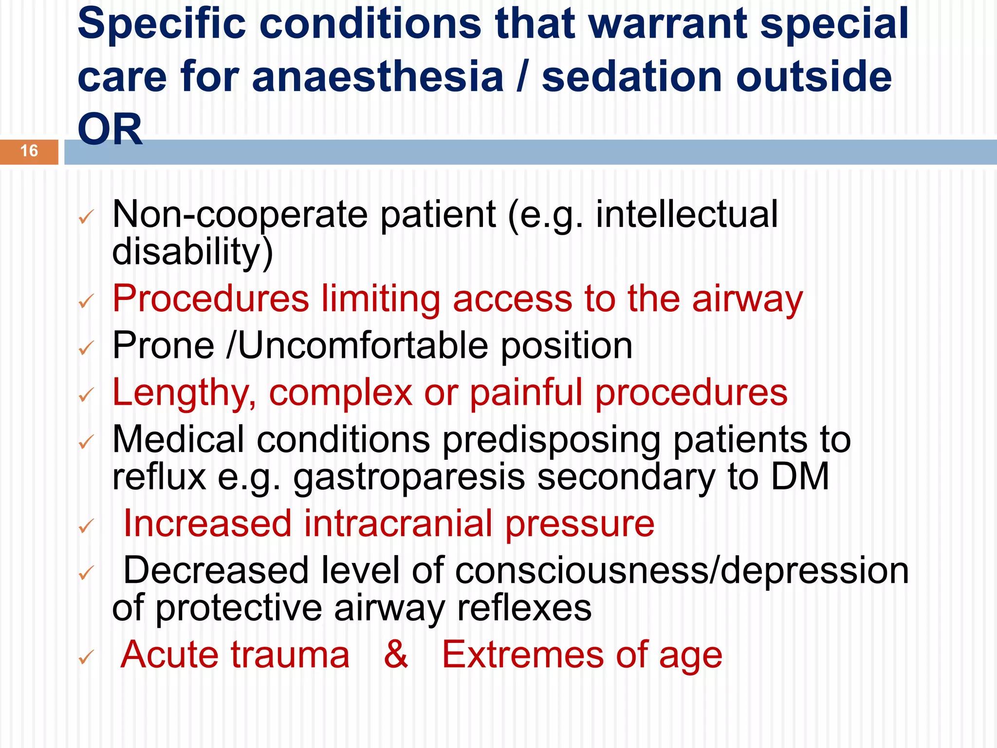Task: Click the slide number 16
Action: coord(29,151)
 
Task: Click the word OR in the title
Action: coord(110,130)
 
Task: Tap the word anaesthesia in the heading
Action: coord(378,76)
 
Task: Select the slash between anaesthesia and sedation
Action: coord(522,76)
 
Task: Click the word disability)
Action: coord(192,252)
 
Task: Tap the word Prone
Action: coord(164,346)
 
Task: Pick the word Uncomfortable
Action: coord(363,346)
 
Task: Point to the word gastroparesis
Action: coord(409,477)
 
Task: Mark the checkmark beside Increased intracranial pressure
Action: coord(86,526)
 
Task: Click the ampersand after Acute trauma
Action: coord(396,655)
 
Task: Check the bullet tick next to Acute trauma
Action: coord(86,657)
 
